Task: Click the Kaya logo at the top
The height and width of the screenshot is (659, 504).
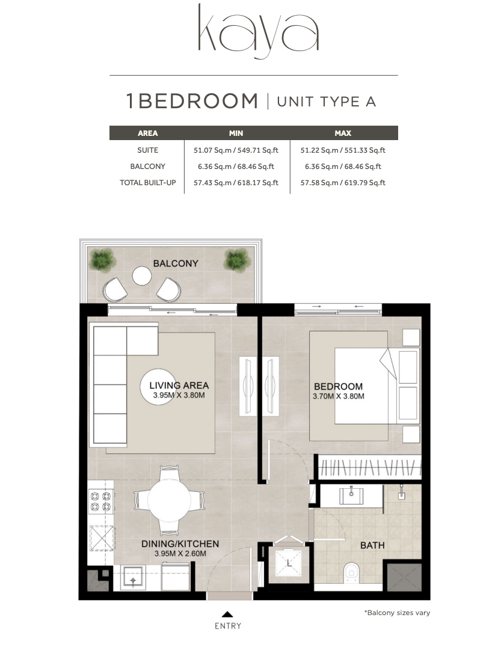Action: click(258, 31)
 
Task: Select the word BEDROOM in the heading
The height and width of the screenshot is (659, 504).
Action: click(197, 101)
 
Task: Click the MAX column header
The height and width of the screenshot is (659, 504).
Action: click(343, 133)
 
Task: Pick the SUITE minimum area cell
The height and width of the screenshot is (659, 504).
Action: click(236, 150)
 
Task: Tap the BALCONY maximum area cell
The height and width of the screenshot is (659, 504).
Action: click(343, 167)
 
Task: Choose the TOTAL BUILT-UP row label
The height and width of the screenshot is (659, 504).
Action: click(147, 183)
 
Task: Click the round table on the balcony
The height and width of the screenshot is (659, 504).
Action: click(142, 276)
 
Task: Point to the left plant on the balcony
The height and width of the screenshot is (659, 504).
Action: click(103, 260)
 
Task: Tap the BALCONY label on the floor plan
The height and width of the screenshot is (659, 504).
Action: click(176, 263)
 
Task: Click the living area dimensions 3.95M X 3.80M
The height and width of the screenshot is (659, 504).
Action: click(179, 395)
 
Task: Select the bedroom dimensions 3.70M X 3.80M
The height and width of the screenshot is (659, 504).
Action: click(339, 396)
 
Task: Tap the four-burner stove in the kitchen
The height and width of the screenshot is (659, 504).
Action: click(101, 501)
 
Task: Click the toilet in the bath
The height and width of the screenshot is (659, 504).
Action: click(351, 572)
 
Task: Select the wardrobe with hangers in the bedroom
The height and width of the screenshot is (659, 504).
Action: click(369, 467)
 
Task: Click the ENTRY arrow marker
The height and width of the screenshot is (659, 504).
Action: click(227, 614)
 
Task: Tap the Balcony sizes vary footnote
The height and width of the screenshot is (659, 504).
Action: click(397, 613)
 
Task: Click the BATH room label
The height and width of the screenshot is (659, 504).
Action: click(372, 545)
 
